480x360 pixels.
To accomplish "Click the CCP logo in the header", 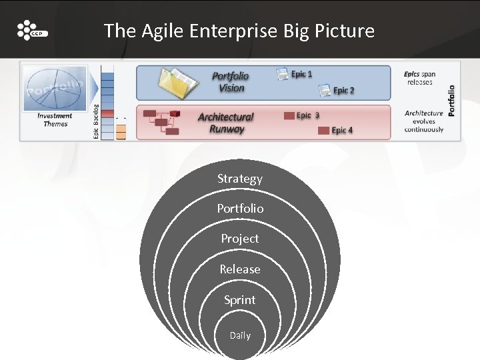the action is pyautogui.click(x=32, y=31).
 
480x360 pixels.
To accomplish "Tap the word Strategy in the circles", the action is pyautogui.click(x=240, y=179).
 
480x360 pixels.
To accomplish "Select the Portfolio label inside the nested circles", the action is pyautogui.click(x=240, y=209).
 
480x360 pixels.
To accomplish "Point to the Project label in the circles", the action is pyautogui.click(x=240, y=239).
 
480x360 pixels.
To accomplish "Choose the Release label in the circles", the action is pyautogui.click(x=240, y=269).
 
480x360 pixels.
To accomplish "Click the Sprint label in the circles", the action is pyautogui.click(x=240, y=300).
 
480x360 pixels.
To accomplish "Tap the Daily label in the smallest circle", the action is pyautogui.click(x=240, y=335).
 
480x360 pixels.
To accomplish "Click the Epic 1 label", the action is pyautogui.click(x=301, y=75).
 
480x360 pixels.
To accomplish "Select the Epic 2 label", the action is pyautogui.click(x=343, y=91).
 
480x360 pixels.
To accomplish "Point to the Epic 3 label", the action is pyautogui.click(x=307, y=115).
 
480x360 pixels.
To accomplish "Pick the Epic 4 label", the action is pyautogui.click(x=342, y=130).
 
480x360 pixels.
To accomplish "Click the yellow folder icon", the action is pyautogui.click(x=177, y=83).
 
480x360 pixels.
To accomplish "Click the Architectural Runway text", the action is pyautogui.click(x=226, y=123).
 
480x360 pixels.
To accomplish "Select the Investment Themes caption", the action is pyautogui.click(x=55, y=120).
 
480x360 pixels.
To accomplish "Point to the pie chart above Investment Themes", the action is pyautogui.click(x=55, y=88).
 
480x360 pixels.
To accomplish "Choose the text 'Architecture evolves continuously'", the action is pyautogui.click(x=423, y=121).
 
